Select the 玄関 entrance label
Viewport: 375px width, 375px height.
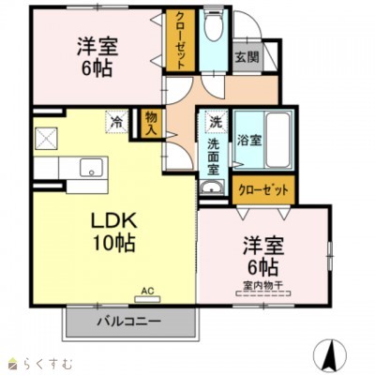pos(247,56)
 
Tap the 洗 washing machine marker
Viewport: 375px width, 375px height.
pos(215,123)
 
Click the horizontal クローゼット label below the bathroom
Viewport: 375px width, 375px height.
pos(262,189)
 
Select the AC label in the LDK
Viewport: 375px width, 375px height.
pos(147,291)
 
